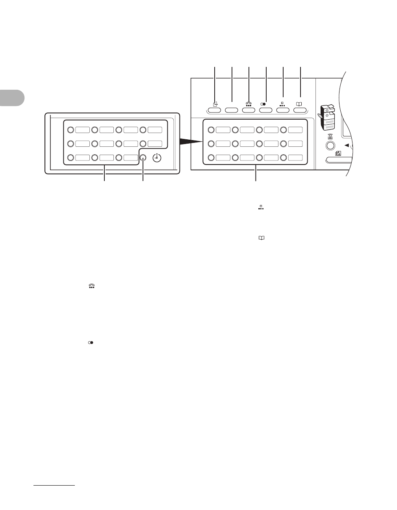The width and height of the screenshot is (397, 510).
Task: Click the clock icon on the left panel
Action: [x=157, y=157]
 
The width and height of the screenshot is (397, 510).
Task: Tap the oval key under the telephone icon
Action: [x=249, y=111]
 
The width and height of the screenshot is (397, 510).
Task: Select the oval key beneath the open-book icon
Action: [x=300, y=111]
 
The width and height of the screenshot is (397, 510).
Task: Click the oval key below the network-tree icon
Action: [x=283, y=111]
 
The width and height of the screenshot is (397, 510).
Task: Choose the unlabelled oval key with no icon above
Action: [x=232, y=111]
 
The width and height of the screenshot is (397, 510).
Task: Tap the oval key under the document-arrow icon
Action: [x=215, y=111]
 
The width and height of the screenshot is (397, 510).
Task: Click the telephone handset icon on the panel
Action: [x=249, y=104]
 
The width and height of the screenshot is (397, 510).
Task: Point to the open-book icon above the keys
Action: [x=300, y=104]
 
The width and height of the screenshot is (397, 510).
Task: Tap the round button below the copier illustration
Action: [x=330, y=146]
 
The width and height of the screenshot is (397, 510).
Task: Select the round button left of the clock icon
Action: [x=143, y=158]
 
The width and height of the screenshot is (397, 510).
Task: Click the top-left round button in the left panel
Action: [x=70, y=129]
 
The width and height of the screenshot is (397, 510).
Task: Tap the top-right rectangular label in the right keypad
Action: [x=295, y=129]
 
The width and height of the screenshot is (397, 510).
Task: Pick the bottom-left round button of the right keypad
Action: [x=211, y=158]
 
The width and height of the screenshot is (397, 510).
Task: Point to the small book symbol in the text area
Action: [x=261, y=238]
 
